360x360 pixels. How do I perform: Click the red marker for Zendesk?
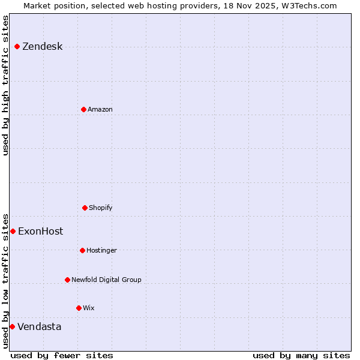coord(17,47)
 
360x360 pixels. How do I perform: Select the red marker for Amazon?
coord(83,109)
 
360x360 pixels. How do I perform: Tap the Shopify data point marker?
coord(85,208)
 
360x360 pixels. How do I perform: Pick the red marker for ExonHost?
coord(13,231)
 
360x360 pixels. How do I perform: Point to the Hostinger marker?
coord(82,250)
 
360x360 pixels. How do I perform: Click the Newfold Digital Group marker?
coord(67,280)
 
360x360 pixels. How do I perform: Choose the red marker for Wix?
coord(79,308)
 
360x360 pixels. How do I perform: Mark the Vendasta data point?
coord(12,326)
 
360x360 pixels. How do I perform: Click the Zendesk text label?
coord(42,47)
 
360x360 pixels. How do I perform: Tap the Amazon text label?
coord(100,109)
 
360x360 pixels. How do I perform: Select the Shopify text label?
coord(101,208)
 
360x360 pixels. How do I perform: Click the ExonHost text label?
coord(40,231)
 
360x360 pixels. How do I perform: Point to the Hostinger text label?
coord(101,250)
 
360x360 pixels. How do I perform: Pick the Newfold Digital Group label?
coord(106,280)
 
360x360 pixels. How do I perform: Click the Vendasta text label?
coord(39,326)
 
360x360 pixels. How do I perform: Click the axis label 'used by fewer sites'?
coord(62,355)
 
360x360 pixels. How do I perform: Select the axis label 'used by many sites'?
coord(301,355)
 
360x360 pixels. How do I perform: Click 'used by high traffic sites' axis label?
coord(5,85)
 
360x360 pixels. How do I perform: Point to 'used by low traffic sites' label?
coord(5,280)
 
